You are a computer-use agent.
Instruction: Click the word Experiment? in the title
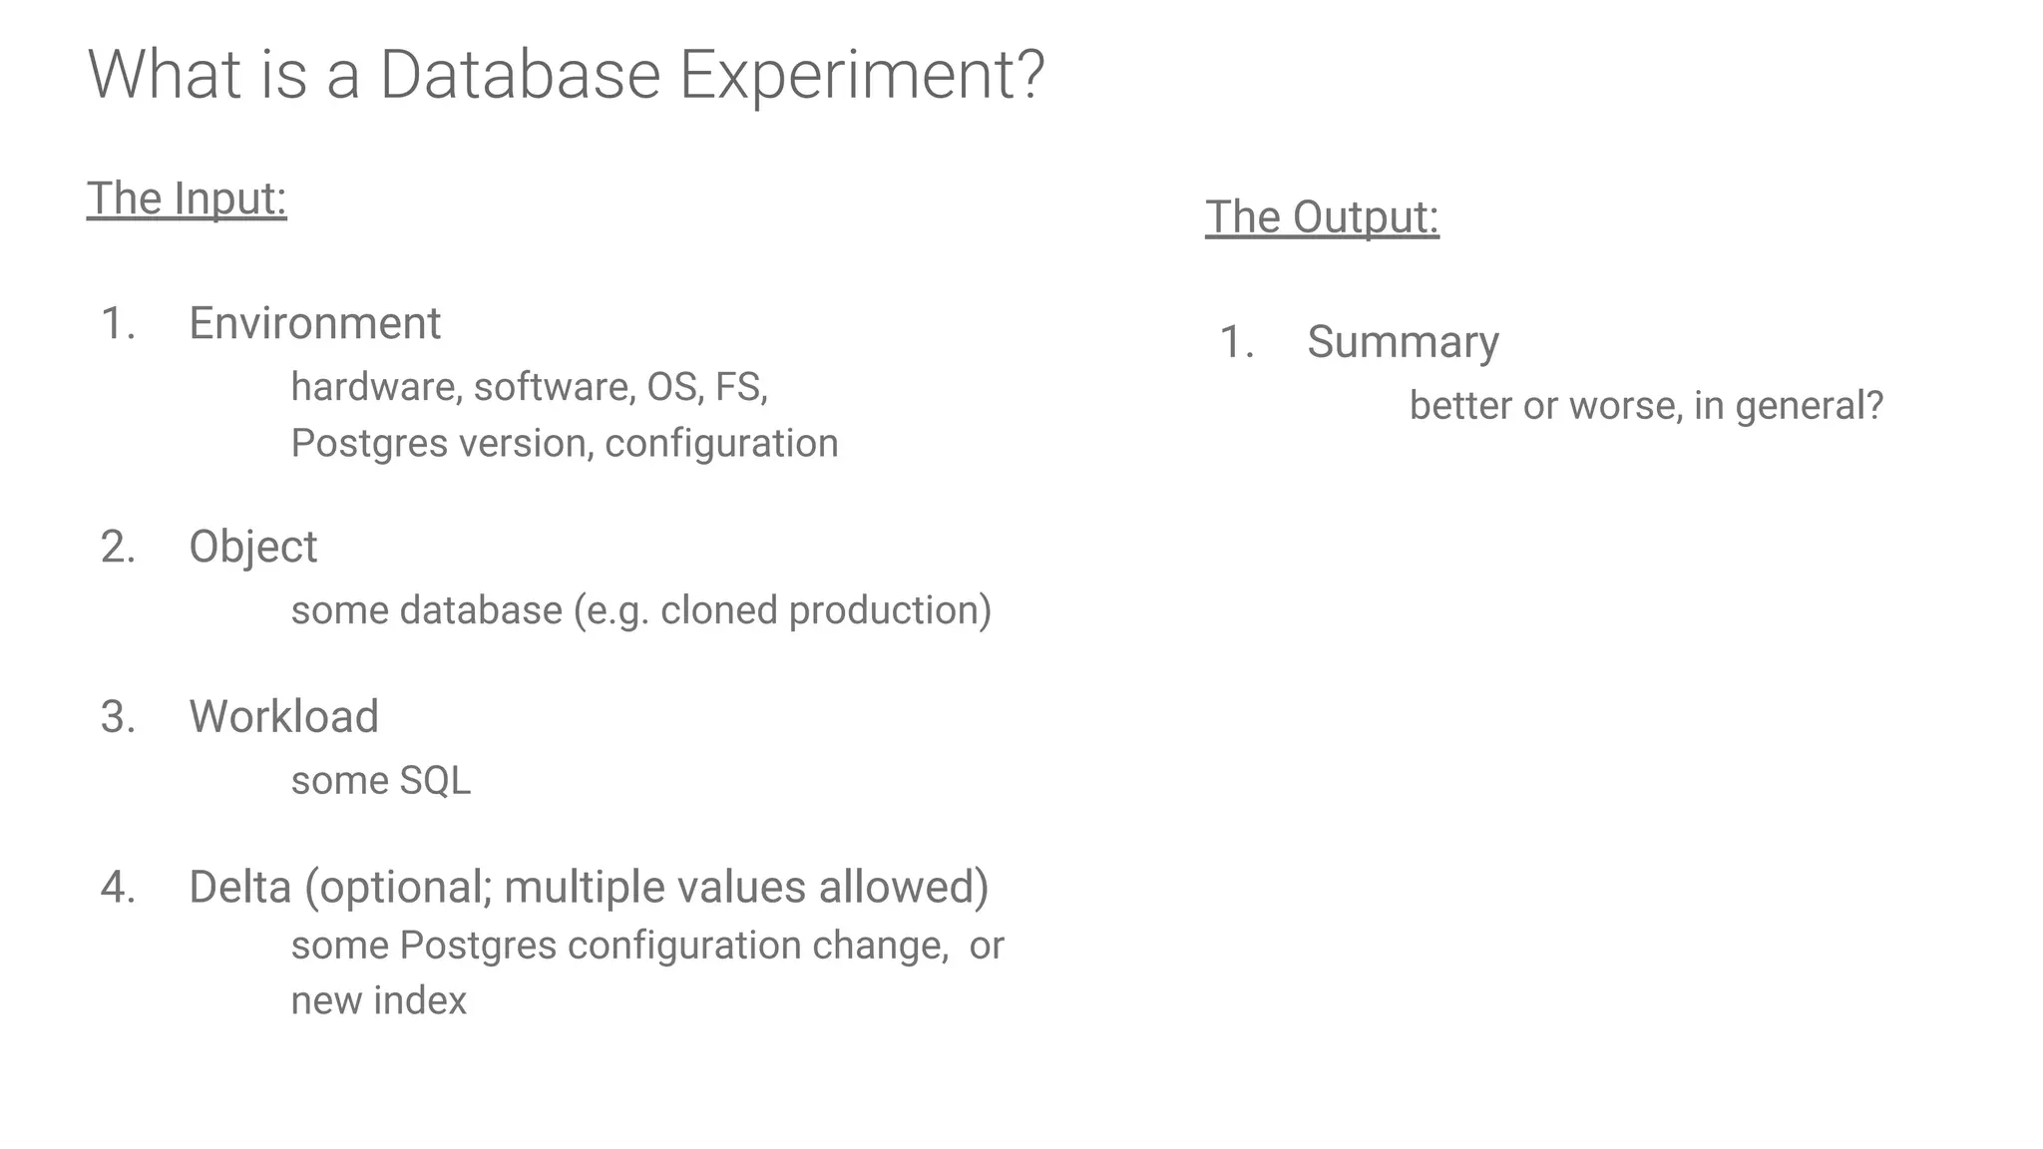tap(861, 76)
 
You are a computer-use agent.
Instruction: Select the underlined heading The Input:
tap(187, 197)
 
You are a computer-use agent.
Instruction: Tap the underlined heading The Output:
tap(1322, 216)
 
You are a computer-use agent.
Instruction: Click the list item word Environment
tap(314, 323)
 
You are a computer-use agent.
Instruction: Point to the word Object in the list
tap(252, 547)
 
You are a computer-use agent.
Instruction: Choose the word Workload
tap(283, 716)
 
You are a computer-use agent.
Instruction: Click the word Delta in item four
tap(239, 887)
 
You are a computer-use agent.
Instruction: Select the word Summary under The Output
tap(1403, 342)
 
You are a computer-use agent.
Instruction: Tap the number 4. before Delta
tap(118, 887)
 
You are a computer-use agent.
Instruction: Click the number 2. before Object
tap(118, 547)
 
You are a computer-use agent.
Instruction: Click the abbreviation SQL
tap(434, 780)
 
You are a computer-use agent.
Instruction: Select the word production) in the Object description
tap(890, 610)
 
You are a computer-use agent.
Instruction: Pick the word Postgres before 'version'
tap(368, 443)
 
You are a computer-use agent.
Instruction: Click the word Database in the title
tap(520, 76)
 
